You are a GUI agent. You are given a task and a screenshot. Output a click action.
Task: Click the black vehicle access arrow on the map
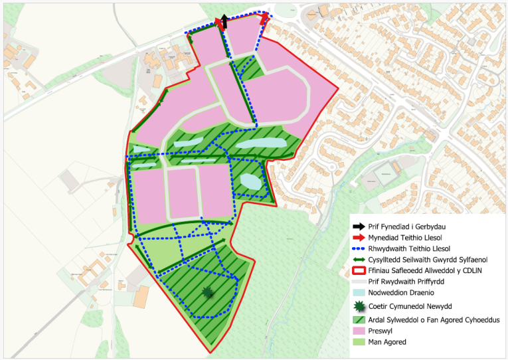[x=224, y=21]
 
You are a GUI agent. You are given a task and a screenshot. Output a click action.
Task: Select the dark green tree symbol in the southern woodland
[x=210, y=292]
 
